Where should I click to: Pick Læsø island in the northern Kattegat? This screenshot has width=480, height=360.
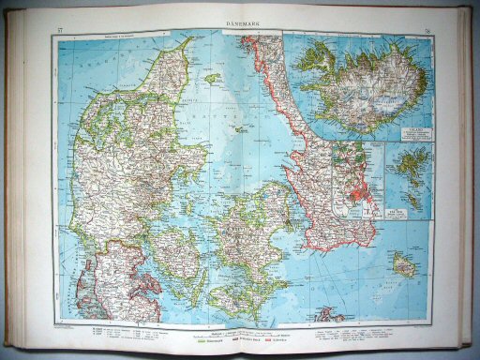(x=212, y=79)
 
